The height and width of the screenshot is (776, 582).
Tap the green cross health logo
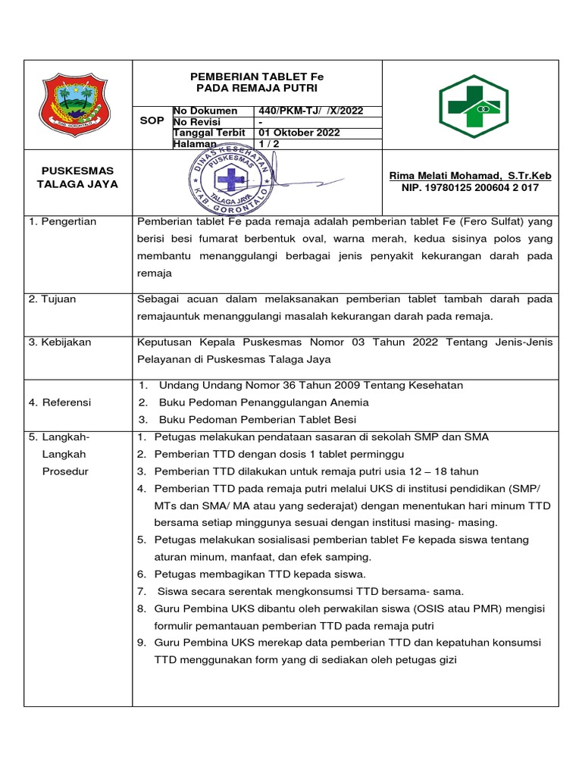pyautogui.click(x=474, y=106)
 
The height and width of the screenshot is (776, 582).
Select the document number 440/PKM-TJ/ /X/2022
pyautogui.click(x=311, y=111)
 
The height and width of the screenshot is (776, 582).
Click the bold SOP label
pyautogui.click(x=152, y=121)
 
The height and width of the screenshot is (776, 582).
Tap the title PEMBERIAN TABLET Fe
pyautogui.click(x=256, y=77)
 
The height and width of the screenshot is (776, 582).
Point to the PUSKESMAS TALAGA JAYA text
pyautogui.click(x=77, y=177)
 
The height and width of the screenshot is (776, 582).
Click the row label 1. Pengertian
pyautogui.click(x=68, y=221)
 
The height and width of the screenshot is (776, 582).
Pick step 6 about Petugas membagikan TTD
pyautogui.click(x=260, y=574)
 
